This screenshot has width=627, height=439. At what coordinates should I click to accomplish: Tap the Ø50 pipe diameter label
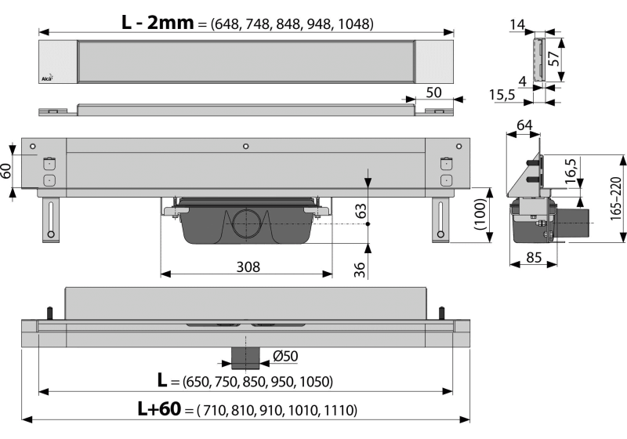pyautogui.click(x=285, y=357)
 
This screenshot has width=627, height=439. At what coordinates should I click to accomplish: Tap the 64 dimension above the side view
pyautogui.click(x=524, y=125)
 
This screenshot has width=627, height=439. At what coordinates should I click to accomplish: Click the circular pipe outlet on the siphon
pyautogui.click(x=246, y=224)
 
